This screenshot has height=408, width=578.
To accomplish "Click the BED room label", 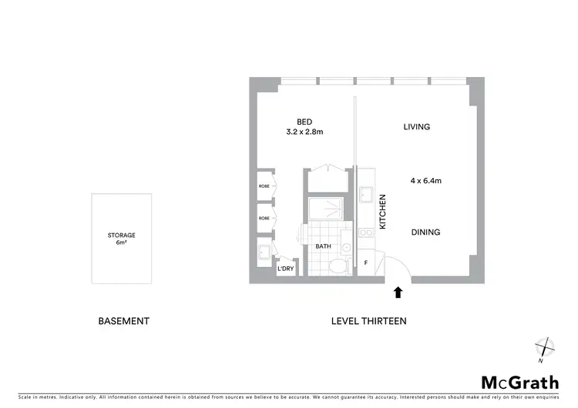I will pyautogui.click(x=304, y=121).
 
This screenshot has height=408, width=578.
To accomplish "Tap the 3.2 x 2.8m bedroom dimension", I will pyautogui.click(x=305, y=132).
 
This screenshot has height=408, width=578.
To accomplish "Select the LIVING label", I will pyautogui.click(x=416, y=127).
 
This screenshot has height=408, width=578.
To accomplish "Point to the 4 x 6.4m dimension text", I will pyautogui.click(x=425, y=181).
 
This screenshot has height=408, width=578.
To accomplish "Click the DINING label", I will pyautogui.click(x=425, y=232).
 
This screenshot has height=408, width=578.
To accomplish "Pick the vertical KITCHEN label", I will pyautogui.click(x=382, y=212).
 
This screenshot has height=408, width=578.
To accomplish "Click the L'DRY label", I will pyautogui.click(x=285, y=269).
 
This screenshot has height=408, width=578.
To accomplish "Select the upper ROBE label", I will pyautogui.click(x=264, y=186).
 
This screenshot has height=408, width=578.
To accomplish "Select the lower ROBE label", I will pyautogui.click(x=264, y=218).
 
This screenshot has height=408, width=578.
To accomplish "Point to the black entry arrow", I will pyautogui.click(x=398, y=292).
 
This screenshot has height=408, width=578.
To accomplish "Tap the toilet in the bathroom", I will pyautogui.click(x=337, y=266).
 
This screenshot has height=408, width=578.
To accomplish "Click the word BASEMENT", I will pyautogui.click(x=123, y=321).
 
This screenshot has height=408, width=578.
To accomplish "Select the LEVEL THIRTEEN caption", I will pyautogui.click(x=368, y=321).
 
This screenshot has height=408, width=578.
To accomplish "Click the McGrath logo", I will pyautogui.click(x=520, y=383).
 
